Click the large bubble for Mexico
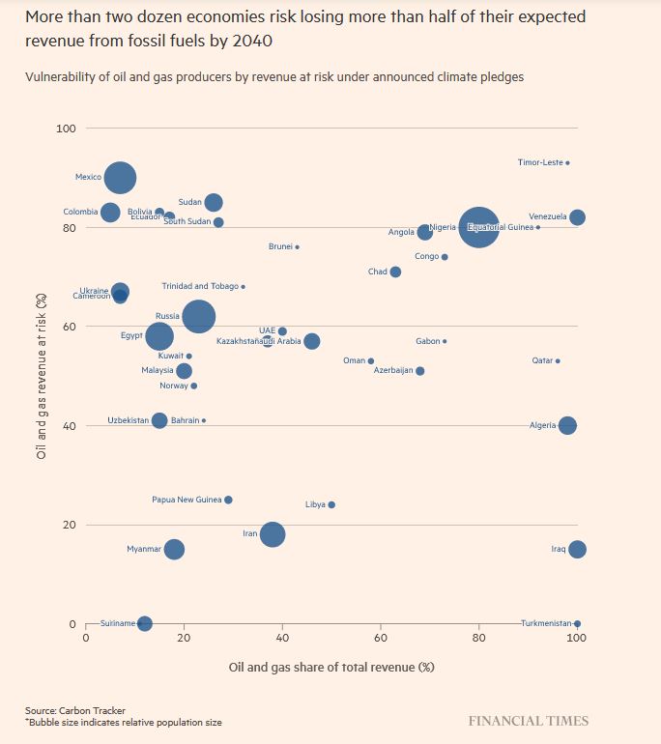[120, 177]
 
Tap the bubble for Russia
[199, 316]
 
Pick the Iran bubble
[273, 534]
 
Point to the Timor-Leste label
[540, 162]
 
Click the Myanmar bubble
[174, 549]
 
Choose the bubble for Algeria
[567, 425]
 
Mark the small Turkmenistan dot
[577, 623]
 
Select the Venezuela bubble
[577, 217]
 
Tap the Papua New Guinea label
[187, 500]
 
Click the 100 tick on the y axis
[67, 129]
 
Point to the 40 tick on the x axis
[282, 639]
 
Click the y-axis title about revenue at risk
[42, 376]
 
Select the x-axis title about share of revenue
[331, 667]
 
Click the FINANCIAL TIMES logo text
[528, 721]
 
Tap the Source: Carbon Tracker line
[75, 710]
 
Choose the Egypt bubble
[159, 336]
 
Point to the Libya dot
[331, 504]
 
